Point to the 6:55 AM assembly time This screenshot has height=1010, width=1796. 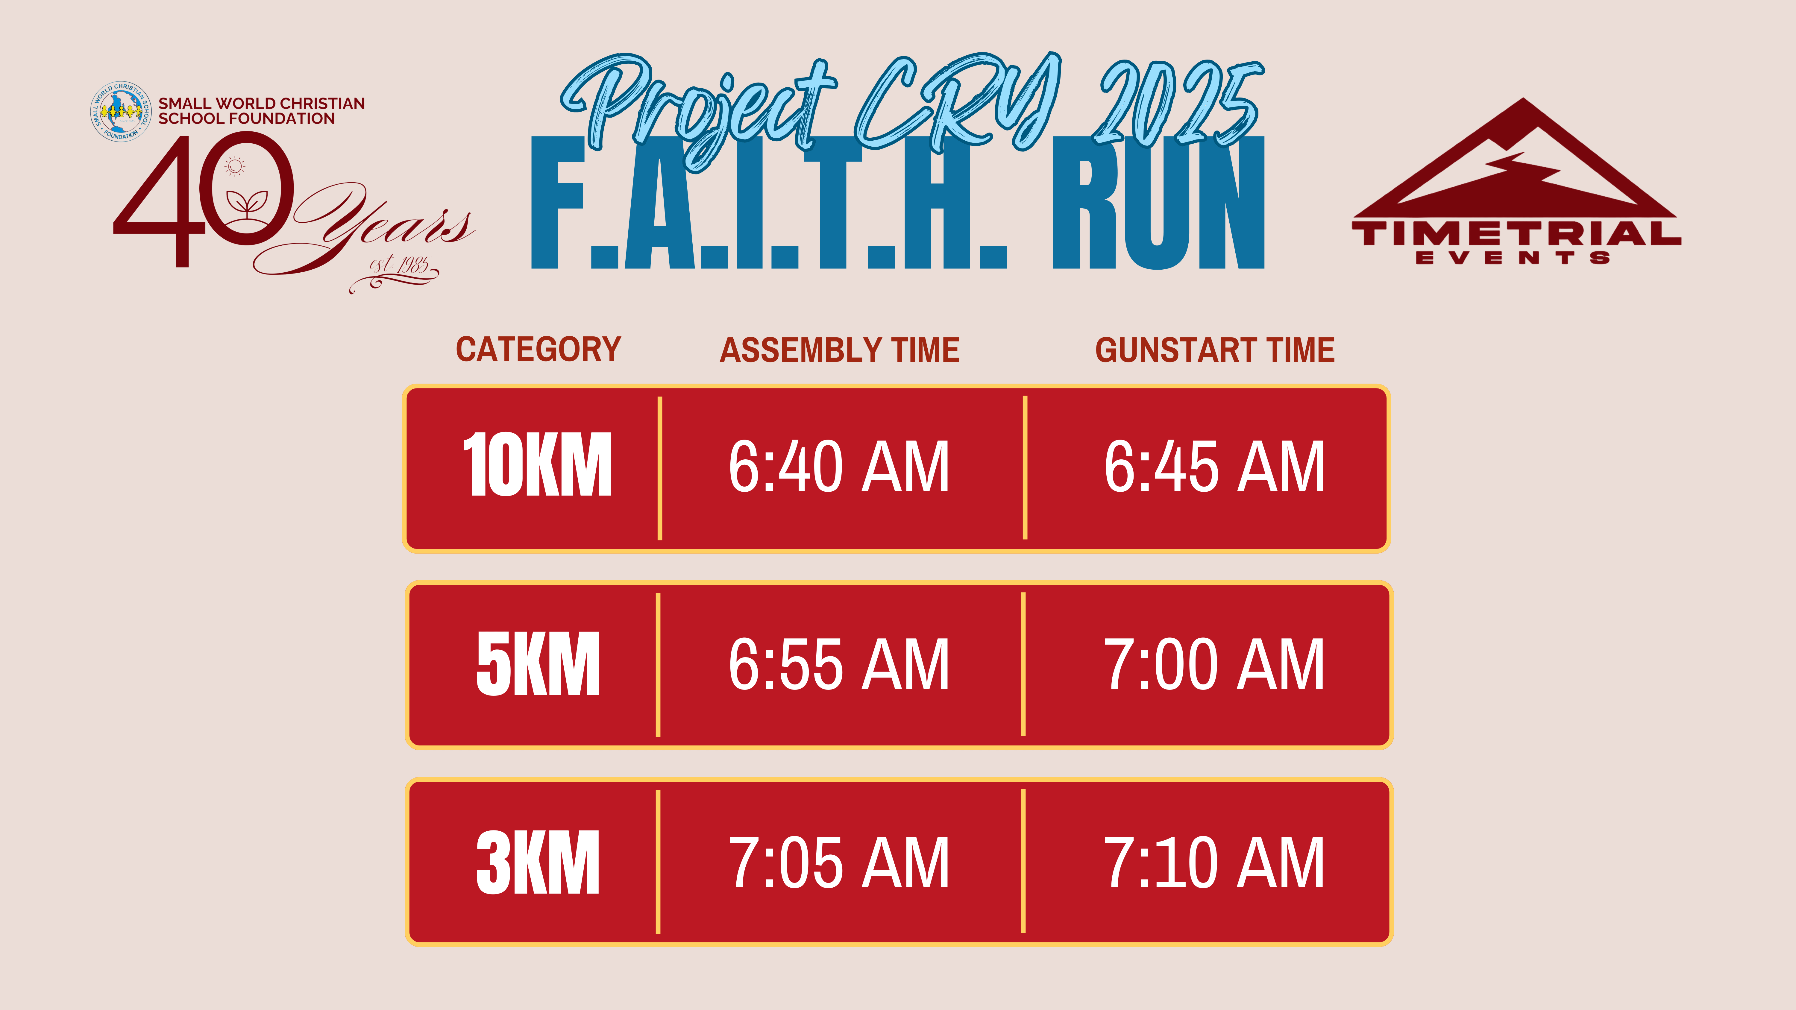point(839,664)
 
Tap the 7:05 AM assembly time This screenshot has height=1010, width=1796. point(839,862)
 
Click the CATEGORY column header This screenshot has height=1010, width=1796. point(538,349)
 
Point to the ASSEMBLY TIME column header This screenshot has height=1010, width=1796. point(839,350)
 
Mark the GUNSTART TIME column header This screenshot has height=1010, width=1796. point(1214,350)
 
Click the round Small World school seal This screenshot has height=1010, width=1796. point(121,112)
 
